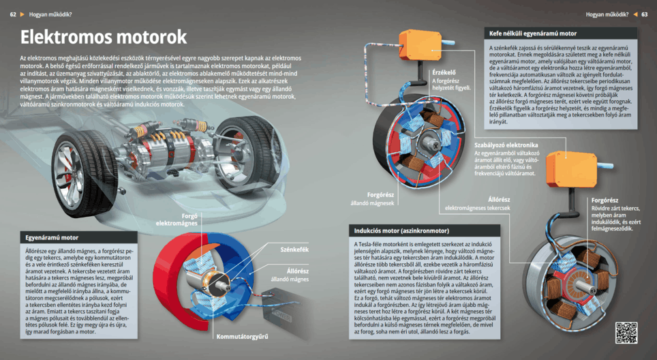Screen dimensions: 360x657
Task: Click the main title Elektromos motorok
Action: coord(103,37)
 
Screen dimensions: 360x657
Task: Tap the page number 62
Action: coord(13,14)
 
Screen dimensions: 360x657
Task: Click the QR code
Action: coord(626,332)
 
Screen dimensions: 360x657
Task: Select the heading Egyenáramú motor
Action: coord(52,238)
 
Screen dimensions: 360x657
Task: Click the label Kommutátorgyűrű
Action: coord(242,336)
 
